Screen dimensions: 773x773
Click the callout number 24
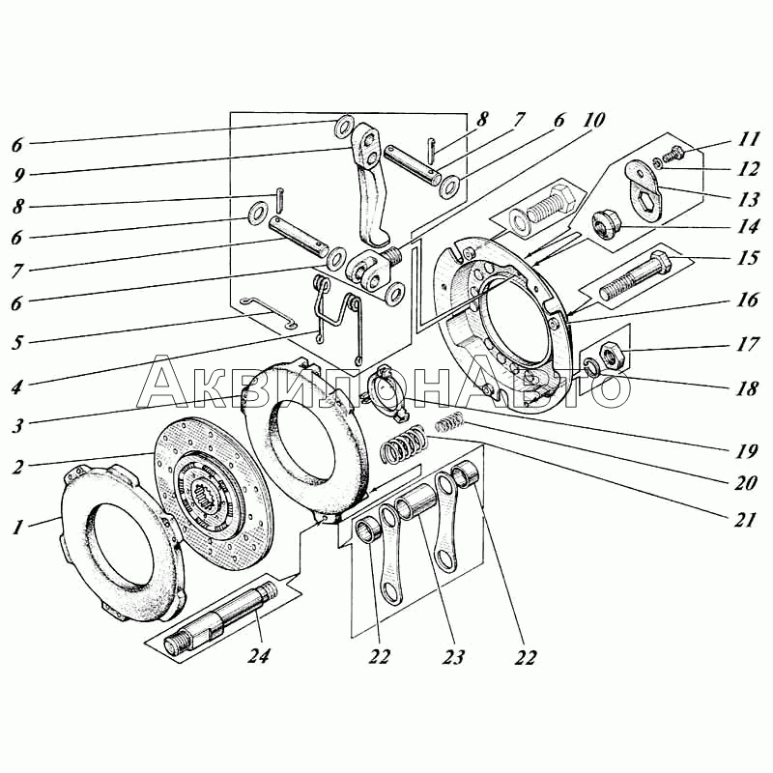(x=259, y=655)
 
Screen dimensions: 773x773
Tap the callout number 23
(x=453, y=656)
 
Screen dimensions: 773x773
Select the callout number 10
(x=593, y=119)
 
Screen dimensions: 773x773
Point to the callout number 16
(x=747, y=300)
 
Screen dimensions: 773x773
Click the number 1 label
(x=17, y=528)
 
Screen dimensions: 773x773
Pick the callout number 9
(x=18, y=175)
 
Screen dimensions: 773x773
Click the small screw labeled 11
(x=673, y=156)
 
